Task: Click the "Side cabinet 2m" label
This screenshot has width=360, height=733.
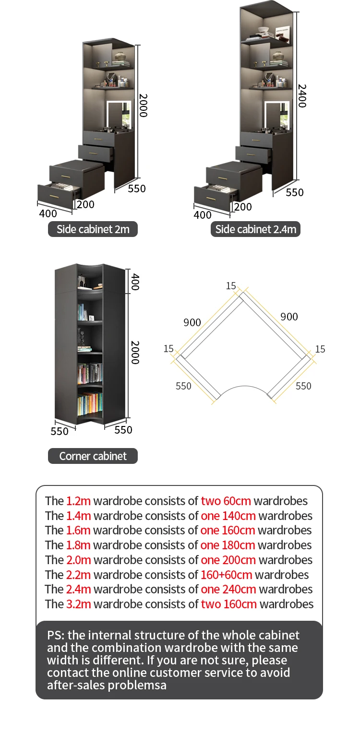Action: pyautogui.click(x=93, y=229)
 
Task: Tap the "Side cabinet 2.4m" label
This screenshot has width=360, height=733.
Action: pyautogui.click(x=256, y=229)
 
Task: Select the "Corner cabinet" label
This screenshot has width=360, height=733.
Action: pyautogui.click(x=93, y=456)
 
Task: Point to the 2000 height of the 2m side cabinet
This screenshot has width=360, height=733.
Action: pyautogui.click(x=143, y=105)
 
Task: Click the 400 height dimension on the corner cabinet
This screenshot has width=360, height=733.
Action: pyautogui.click(x=135, y=282)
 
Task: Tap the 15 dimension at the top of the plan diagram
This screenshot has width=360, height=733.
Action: pyautogui.click(x=231, y=286)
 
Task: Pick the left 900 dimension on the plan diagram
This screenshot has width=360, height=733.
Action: pyautogui.click(x=192, y=322)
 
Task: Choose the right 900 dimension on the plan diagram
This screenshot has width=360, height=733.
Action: pyautogui.click(x=289, y=317)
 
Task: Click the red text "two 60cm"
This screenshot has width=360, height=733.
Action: pyautogui.click(x=226, y=501)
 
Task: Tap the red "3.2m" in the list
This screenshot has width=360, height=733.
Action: pyautogui.click(x=79, y=604)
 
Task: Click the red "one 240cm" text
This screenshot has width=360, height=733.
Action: pyautogui.click(x=228, y=589)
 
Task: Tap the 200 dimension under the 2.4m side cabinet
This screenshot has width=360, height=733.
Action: pyautogui.click(x=243, y=207)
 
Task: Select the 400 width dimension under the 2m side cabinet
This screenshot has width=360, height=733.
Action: pyautogui.click(x=48, y=213)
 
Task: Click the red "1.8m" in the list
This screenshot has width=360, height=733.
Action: pyautogui.click(x=78, y=545)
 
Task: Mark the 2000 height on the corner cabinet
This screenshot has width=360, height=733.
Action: pyautogui.click(x=135, y=353)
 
